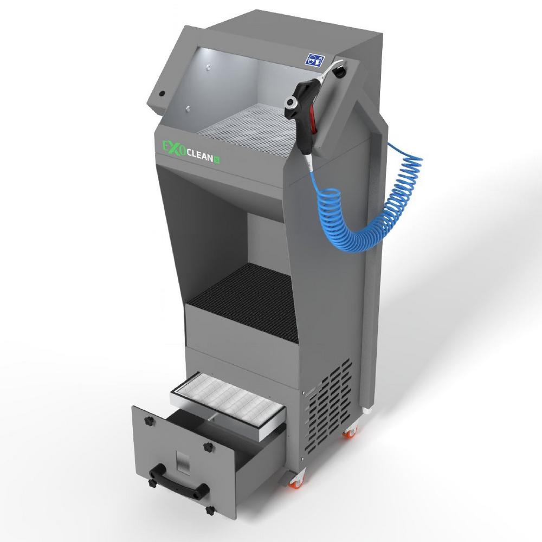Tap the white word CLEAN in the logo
click(200, 157)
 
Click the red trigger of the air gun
click(313, 119)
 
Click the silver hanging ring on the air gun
click(291, 102)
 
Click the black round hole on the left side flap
click(162, 93)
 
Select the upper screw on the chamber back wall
click(208, 67)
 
